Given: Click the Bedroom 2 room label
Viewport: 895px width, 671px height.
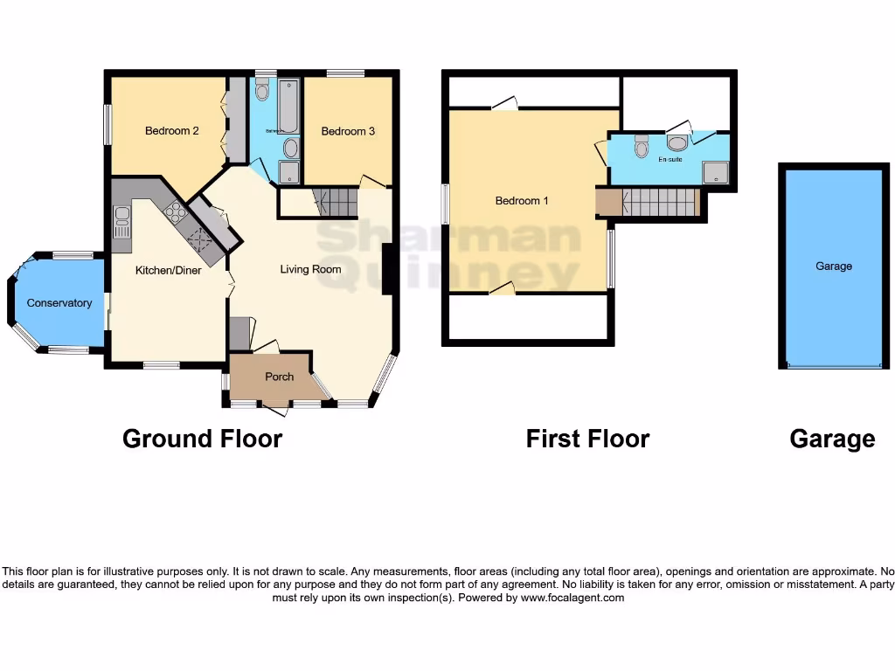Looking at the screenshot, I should (171, 131).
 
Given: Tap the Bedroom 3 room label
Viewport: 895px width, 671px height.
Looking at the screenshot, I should (348, 131).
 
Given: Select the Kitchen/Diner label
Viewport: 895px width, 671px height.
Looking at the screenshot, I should (168, 271).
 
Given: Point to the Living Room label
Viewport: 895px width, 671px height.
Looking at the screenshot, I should (310, 269).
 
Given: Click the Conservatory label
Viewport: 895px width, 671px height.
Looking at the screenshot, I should (59, 303).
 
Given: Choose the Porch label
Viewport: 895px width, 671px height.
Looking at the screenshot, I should (280, 377).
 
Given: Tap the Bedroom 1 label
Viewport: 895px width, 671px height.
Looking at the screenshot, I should (522, 201).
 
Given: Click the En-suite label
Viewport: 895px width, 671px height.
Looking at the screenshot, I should (670, 160).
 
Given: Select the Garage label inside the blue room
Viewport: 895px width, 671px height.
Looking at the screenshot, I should (834, 266).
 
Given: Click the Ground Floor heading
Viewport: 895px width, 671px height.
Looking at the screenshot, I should (202, 439).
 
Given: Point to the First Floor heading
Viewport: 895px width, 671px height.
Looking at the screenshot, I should (587, 439).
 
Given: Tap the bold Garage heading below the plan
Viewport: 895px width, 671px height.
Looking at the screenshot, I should (832, 439).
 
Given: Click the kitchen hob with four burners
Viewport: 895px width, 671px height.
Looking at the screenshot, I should (175, 211).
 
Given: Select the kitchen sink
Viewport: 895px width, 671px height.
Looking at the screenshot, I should (121, 224).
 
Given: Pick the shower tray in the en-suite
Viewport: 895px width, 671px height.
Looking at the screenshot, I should (715, 172).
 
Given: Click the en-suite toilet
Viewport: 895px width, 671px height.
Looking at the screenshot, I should (642, 147).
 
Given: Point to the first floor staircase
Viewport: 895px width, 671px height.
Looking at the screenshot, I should (660, 202).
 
